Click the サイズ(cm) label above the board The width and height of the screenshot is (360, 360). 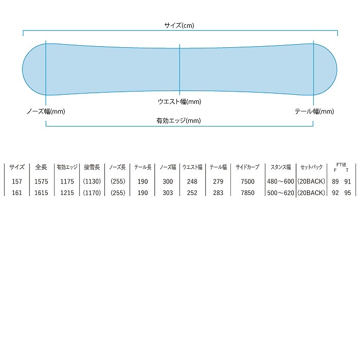pyautogui.click(x=179, y=25)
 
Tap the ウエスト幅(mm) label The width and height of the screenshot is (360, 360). pyautogui.click(x=179, y=102)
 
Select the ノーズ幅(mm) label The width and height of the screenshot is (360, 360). pyautogui.click(x=45, y=111)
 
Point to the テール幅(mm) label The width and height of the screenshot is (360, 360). pyautogui.click(x=314, y=111)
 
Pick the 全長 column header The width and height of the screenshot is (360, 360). pyautogui.click(x=42, y=168)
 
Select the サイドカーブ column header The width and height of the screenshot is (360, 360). pyautogui.click(x=247, y=168)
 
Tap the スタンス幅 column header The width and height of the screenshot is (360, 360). pyautogui.click(x=281, y=168)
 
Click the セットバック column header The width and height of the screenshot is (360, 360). pyautogui.click(x=312, y=168)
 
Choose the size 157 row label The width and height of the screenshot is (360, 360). pyautogui.click(x=17, y=182)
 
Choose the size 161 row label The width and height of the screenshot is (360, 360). pyautogui.click(x=17, y=193)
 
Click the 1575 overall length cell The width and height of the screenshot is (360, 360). pyautogui.click(x=42, y=182)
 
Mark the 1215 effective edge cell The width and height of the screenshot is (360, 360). pyautogui.click(x=67, y=193)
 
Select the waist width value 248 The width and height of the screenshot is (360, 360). pyautogui.click(x=192, y=182)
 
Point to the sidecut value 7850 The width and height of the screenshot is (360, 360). pyautogui.click(x=247, y=193)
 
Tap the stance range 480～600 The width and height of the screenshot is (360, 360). pyautogui.click(x=281, y=182)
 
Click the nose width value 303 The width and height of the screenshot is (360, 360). pyautogui.click(x=168, y=193)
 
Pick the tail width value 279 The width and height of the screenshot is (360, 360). pyautogui.click(x=218, y=182)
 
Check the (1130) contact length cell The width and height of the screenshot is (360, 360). pyautogui.click(x=92, y=182)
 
